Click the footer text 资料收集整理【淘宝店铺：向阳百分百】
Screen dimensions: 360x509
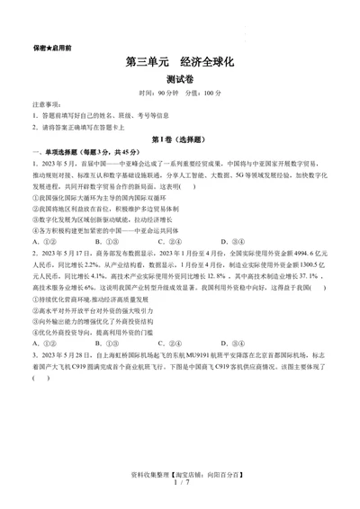pos(179,474)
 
